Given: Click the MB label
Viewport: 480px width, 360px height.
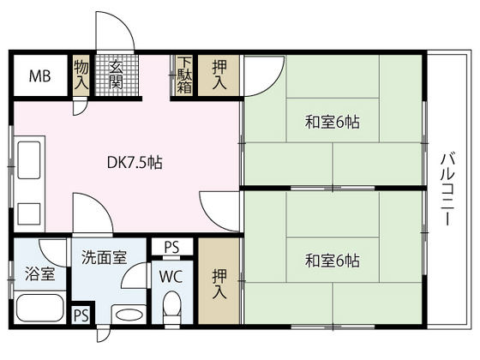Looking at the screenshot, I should coord(40,76).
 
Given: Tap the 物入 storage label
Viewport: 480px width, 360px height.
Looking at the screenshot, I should coord(81,75).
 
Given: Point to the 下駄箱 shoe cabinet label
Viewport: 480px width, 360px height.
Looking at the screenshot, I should coord(185,75).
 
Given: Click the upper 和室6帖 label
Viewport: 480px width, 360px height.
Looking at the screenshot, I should coord(332,122).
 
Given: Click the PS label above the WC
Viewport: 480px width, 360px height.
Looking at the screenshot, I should coord(171,247).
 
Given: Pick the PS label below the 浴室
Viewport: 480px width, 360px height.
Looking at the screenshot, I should coord(81,315).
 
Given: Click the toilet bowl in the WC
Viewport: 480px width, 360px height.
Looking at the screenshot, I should coord(172,306).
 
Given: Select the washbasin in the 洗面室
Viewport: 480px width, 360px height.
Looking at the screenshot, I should coord(129,314).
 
